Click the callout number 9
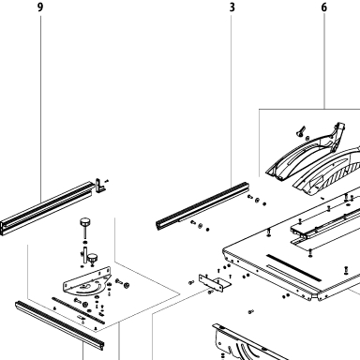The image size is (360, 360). (39, 7)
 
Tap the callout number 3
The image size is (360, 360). (232, 7)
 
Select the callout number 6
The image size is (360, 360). (324, 7)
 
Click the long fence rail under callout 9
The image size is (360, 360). (47, 208)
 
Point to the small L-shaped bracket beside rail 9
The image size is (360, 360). (100, 186)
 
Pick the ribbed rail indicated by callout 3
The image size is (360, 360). (202, 205)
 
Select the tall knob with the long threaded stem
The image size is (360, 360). (85, 230)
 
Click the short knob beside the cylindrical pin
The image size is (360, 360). (92, 260)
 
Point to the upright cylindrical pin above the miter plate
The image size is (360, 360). (84, 255)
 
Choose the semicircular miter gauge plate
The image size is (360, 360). (87, 280)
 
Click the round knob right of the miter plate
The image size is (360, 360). (127, 285)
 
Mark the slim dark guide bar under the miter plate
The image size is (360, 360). (78, 310)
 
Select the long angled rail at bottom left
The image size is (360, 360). (59, 325)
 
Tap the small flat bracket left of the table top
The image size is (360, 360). (215, 283)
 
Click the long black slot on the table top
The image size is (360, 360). (293, 267)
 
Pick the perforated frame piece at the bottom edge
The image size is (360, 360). (247, 343)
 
